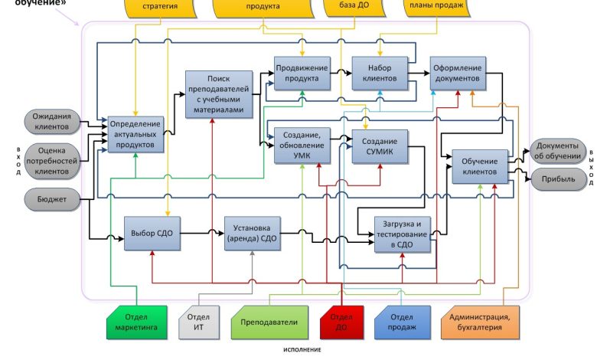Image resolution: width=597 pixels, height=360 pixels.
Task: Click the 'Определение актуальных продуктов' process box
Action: click(135, 133)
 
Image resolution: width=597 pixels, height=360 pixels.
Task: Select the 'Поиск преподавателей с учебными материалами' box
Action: click(219, 94)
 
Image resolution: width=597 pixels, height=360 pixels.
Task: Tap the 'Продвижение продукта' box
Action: click(302, 74)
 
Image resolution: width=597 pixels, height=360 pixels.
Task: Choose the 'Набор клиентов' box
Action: click(378, 74)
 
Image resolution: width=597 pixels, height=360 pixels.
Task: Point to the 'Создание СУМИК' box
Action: click(379, 148)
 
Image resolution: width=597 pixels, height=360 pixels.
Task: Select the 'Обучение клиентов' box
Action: click(480, 166)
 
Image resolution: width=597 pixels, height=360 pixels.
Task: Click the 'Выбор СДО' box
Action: click(151, 233)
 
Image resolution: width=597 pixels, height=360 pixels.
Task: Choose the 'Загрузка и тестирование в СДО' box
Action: click(403, 234)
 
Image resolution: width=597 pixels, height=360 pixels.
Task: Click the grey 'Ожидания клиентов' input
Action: click(51, 121)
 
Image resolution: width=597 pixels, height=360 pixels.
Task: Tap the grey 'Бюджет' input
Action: click(51, 201)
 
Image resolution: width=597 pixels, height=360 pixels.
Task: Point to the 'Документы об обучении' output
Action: click(557, 150)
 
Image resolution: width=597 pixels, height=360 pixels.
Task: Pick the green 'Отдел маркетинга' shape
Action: click(136, 322)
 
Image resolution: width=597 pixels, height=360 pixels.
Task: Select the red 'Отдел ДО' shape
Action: click(341, 322)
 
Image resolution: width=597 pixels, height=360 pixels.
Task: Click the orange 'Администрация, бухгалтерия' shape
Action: click(481, 322)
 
